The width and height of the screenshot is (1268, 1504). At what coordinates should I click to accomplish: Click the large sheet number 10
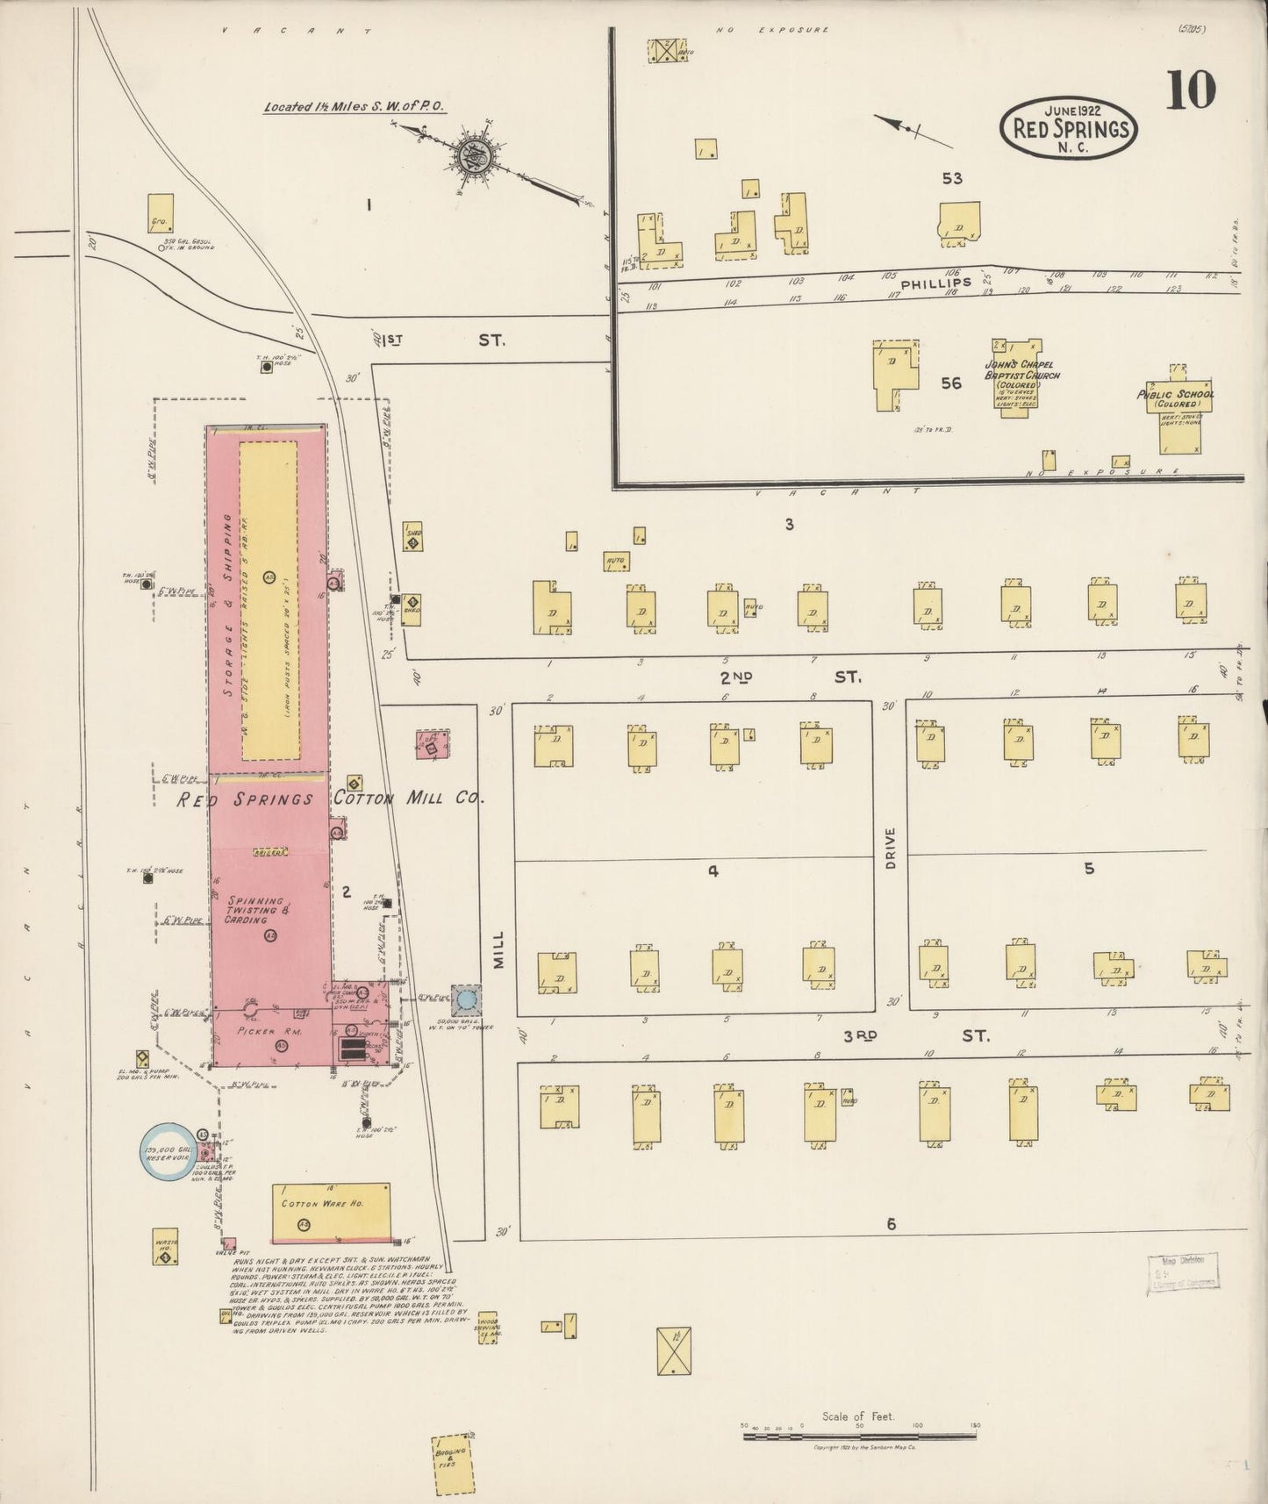pyautogui.click(x=1190, y=90)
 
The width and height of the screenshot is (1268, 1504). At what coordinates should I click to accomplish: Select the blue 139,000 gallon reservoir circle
pyautogui.click(x=167, y=1150)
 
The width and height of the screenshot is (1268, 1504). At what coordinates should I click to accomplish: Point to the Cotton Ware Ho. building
pyautogui.click(x=331, y=1213)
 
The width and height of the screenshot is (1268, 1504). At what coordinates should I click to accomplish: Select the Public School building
pyautogui.click(x=1176, y=411)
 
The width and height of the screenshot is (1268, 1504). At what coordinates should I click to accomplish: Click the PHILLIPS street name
pyautogui.click(x=948, y=283)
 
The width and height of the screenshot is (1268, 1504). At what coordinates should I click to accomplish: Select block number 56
pyautogui.click(x=951, y=383)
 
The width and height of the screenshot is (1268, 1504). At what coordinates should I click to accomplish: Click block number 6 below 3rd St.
pyautogui.click(x=891, y=1223)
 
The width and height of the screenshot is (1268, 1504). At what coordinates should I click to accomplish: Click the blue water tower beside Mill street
pyautogui.click(x=466, y=998)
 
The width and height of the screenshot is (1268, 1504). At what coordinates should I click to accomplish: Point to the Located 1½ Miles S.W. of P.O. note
pyautogui.click(x=355, y=107)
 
